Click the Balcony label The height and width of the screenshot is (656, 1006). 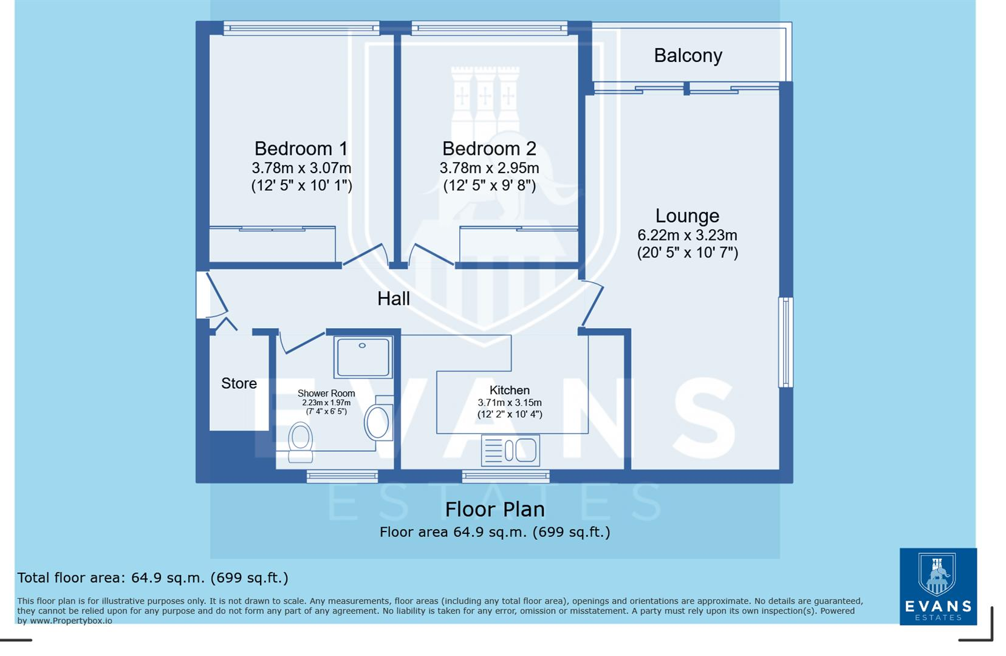point(688,55)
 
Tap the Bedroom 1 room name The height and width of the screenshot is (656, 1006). point(301,148)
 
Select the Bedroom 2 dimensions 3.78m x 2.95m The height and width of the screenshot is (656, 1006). point(489,168)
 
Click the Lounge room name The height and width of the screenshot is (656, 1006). point(687,216)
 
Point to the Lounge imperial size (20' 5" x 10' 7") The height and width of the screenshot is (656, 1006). point(687,253)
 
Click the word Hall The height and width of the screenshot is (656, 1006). point(394,298)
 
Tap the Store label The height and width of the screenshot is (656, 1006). point(239,383)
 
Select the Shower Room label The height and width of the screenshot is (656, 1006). point(326,393)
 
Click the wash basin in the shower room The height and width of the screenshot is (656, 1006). point(378,422)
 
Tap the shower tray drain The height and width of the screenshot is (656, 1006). point(362,346)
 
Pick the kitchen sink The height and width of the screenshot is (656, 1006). point(510,451)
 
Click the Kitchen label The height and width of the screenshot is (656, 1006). point(510,390)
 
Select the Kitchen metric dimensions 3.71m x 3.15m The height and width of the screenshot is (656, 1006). point(510,402)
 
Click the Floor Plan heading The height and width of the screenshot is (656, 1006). point(494,509)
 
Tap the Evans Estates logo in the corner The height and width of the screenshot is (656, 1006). point(938,586)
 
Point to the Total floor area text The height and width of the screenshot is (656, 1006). point(152,578)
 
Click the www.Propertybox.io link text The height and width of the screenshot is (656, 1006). point(71,621)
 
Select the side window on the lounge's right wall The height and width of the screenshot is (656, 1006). point(786,342)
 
